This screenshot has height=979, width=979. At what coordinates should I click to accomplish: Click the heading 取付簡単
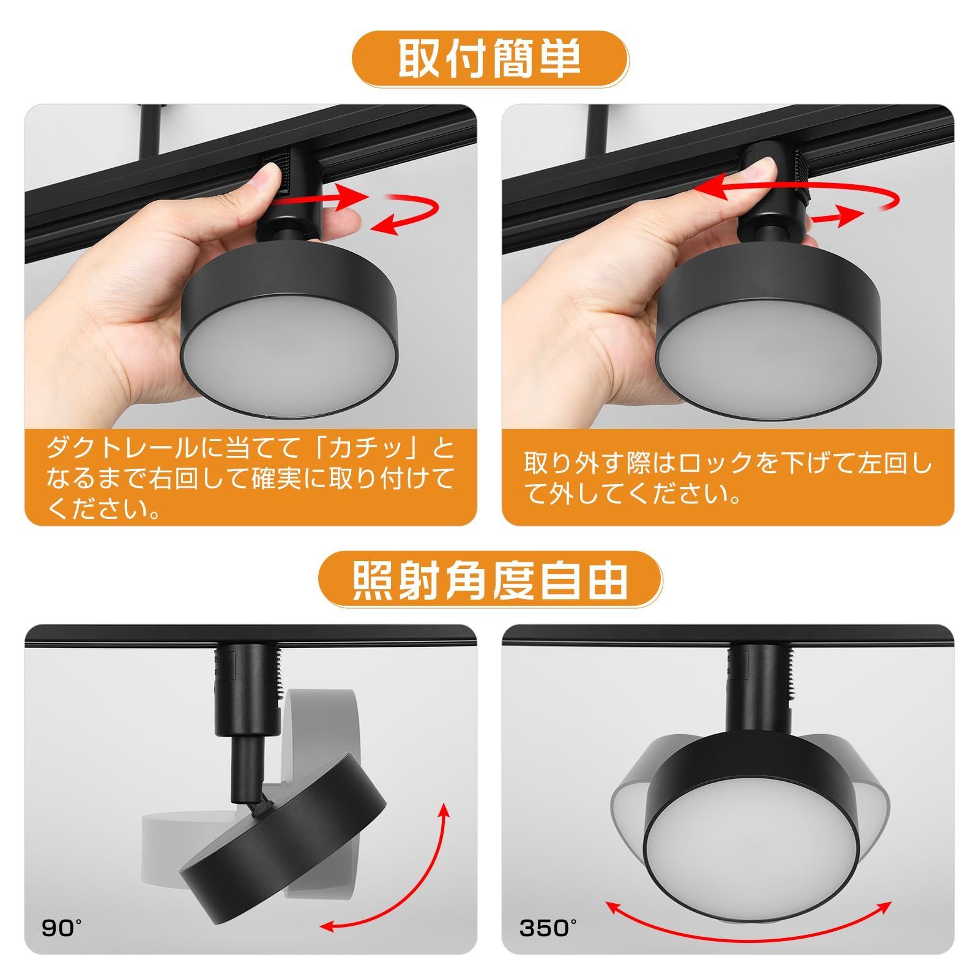pyautogui.click(x=489, y=60)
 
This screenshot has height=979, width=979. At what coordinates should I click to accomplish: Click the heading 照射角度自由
pyautogui.click(x=489, y=579)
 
